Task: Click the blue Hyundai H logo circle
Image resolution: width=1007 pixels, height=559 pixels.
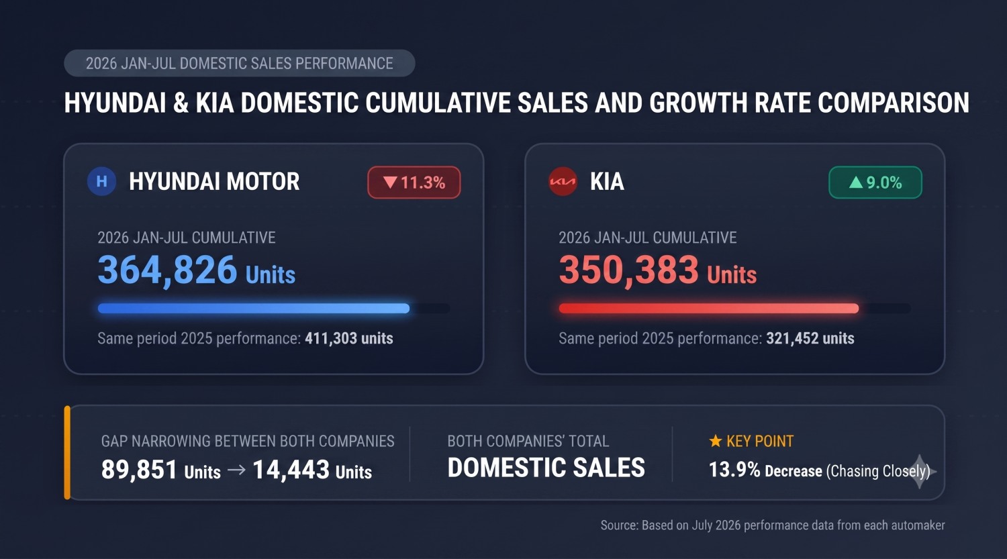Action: [x=101, y=181]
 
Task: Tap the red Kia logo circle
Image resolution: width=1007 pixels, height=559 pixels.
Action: [x=563, y=182]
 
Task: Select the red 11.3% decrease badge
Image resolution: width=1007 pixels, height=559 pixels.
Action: [x=414, y=183]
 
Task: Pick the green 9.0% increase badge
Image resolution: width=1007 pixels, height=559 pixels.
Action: [x=875, y=183]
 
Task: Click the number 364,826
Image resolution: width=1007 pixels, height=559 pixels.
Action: [x=167, y=270]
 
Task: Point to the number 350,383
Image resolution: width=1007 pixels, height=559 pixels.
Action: [x=628, y=270]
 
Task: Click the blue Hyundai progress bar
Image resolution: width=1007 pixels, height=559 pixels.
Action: [x=254, y=308]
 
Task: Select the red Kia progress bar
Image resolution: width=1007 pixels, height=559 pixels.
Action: [x=709, y=308]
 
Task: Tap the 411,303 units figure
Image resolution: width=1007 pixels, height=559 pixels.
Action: [x=349, y=338]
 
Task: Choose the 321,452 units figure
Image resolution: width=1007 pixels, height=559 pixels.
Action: [x=810, y=338]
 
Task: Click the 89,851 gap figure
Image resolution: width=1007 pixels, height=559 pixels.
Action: [x=140, y=470]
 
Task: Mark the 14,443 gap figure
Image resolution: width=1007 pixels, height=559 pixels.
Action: [x=291, y=470]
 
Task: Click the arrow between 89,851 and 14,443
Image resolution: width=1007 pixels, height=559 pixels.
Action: [x=236, y=470]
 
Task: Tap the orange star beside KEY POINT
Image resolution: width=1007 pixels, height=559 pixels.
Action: [x=715, y=441]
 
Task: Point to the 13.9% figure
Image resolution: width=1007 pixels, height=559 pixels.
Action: [x=734, y=470]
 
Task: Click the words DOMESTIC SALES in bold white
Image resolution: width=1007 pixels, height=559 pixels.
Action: [x=546, y=467]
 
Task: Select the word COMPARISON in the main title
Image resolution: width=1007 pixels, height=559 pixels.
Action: [x=894, y=103]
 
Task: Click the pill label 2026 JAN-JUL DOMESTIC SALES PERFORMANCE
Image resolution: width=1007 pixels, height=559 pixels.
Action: [x=240, y=63]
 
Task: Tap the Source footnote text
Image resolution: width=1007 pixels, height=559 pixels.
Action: [x=773, y=525]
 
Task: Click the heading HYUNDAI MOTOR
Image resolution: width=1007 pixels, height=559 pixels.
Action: [x=214, y=182]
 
